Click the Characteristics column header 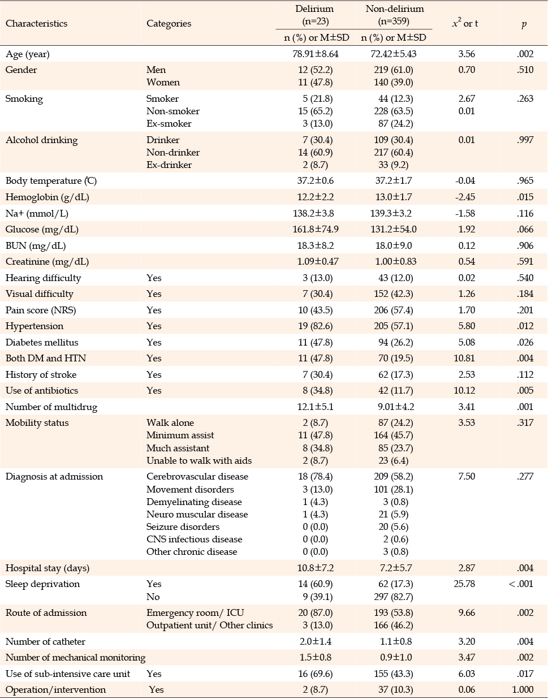(x=36, y=24)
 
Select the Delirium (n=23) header (x=315, y=15)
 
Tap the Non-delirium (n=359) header (x=394, y=15)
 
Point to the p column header (x=524, y=24)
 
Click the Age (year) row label (x=28, y=54)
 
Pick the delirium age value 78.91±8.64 (x=315, y=54)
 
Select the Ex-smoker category (x=169, y=123)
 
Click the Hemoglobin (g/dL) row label (x=48, y=197)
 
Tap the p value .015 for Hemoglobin (x=525, y=197)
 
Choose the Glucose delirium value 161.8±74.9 (x=315, y=230)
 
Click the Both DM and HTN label (x=46, y=358)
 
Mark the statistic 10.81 (x=464, y=358)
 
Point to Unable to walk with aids (x=199, y=461)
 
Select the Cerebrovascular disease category (x=197, y=476)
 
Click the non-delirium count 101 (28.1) (x=393, y=489)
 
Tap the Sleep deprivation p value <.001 (x=521, y=584)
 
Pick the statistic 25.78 (x=464, y=584)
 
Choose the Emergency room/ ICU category (x=195, y=613)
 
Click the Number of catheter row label (x=45, y=642)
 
